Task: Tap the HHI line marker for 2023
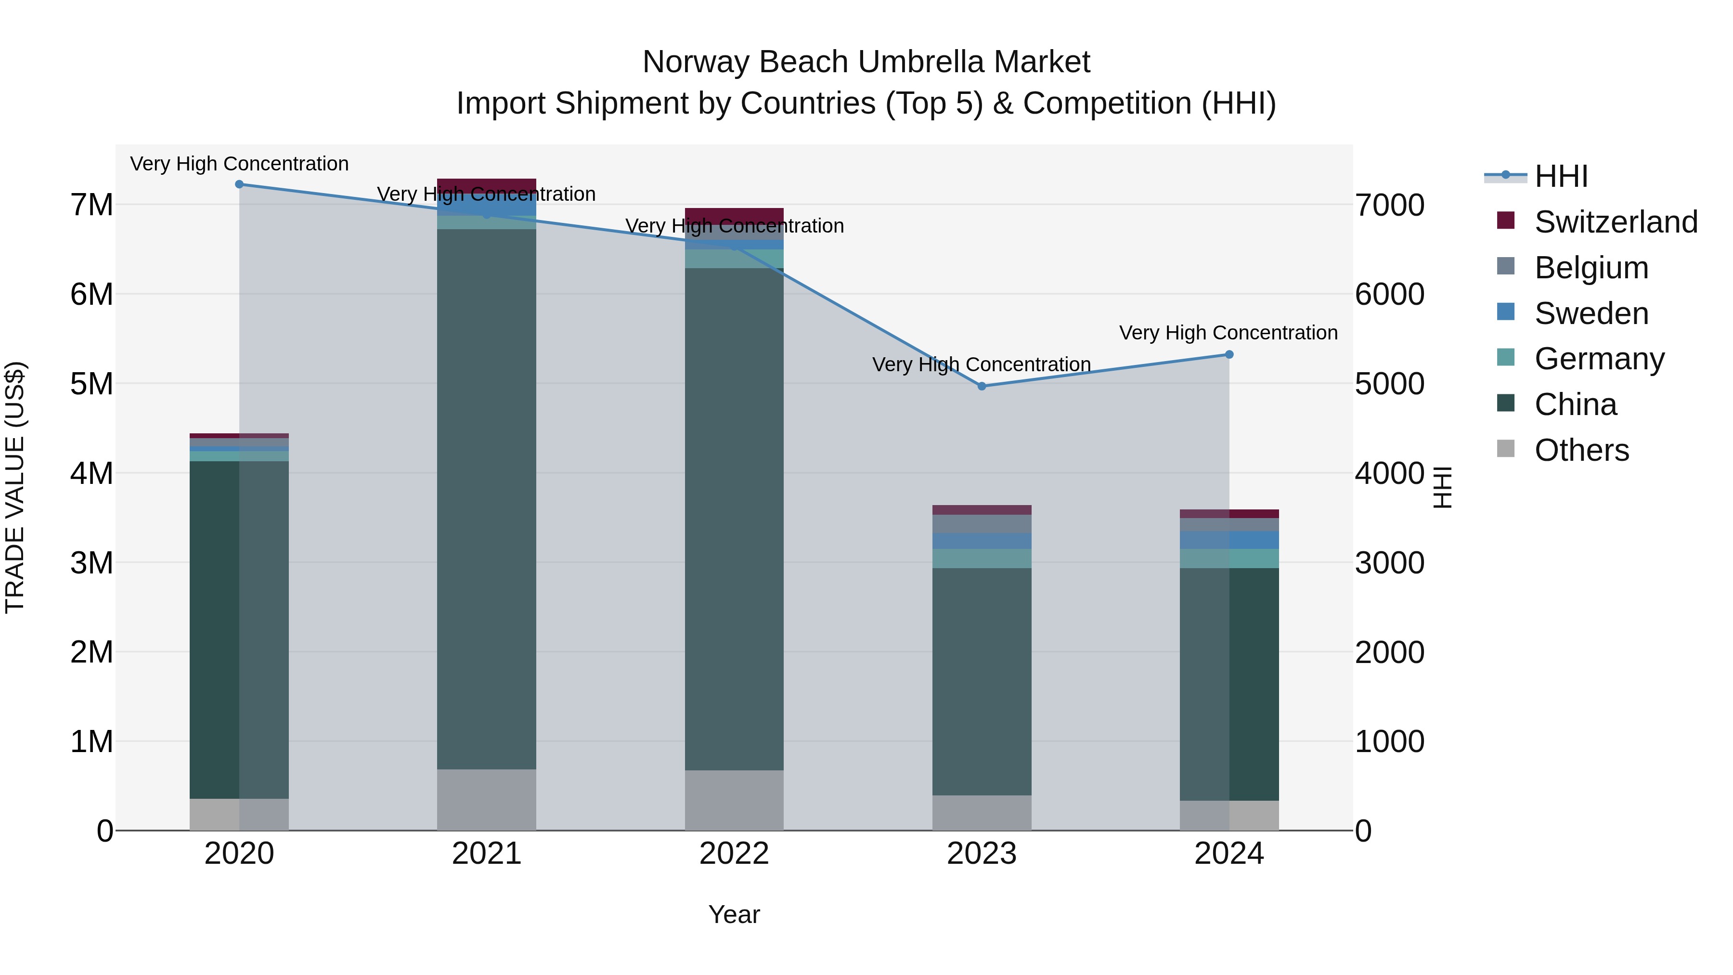(x=982, y=386)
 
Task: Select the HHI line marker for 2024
(x=1229, y=354)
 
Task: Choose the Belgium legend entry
(x=1591, y=268)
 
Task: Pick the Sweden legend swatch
(x=1506, y=312)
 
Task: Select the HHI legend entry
(x=1561, y=176)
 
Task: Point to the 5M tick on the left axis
(x=91, y=384)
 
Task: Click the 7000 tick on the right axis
(x=1389, y=205)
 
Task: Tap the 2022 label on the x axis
(x=734, y=854)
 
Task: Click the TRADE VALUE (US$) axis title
(x=15, y=487)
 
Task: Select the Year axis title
(x=734, y=914)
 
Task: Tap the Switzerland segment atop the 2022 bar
(x=734, y=215)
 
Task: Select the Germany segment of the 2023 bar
(x=982, y=558)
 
